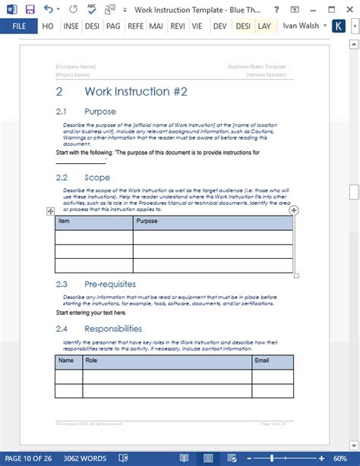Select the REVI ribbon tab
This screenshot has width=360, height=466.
[x=178, y=26]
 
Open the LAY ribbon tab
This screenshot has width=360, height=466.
[x=264, y=26]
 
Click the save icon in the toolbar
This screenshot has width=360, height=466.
[x=30, y=9]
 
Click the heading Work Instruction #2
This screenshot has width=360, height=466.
[x=135, y=92]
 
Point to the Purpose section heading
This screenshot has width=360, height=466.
[x=100, y=112]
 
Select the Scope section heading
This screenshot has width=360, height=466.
[x=97, y=177]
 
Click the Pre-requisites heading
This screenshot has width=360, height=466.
[x=111, y=284]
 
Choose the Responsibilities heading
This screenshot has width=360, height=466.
[x=113, y=329]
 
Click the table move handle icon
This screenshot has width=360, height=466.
[x=51, y=211]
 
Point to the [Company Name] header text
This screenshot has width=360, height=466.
[x=75, y=67]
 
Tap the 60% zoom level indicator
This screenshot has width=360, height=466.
[x=339, y=458]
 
